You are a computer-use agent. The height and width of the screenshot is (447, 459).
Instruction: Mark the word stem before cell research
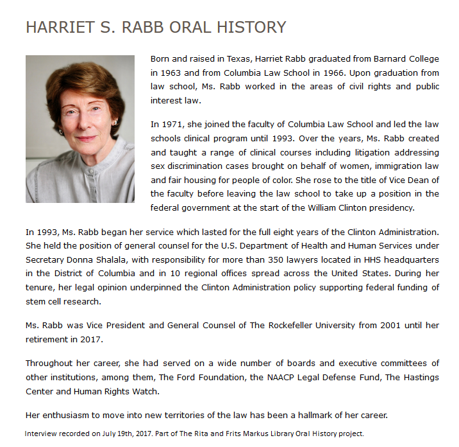pos(35,301)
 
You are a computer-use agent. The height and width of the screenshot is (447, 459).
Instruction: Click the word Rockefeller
pos(277,325)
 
